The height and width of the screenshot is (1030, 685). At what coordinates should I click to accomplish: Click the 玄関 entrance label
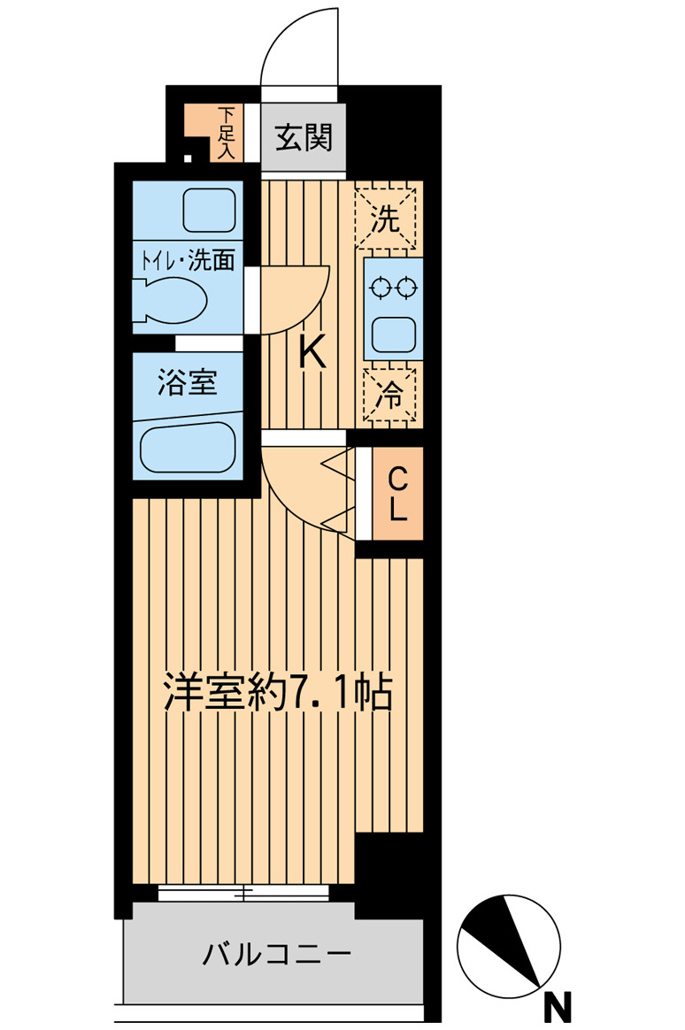tap(304, 138)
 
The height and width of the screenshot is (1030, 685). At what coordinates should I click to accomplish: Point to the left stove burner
tap(381, 287)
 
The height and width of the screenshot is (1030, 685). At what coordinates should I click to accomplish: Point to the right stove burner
tap(406, 287)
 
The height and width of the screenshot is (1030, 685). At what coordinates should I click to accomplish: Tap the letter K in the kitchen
tap(312, 354)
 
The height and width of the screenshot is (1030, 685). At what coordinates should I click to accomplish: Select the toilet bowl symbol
tap(173, 299)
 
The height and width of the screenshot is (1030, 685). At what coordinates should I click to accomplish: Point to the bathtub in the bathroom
tap(188, 448)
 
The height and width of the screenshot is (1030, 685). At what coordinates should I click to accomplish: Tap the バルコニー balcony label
tap(277, 955)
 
